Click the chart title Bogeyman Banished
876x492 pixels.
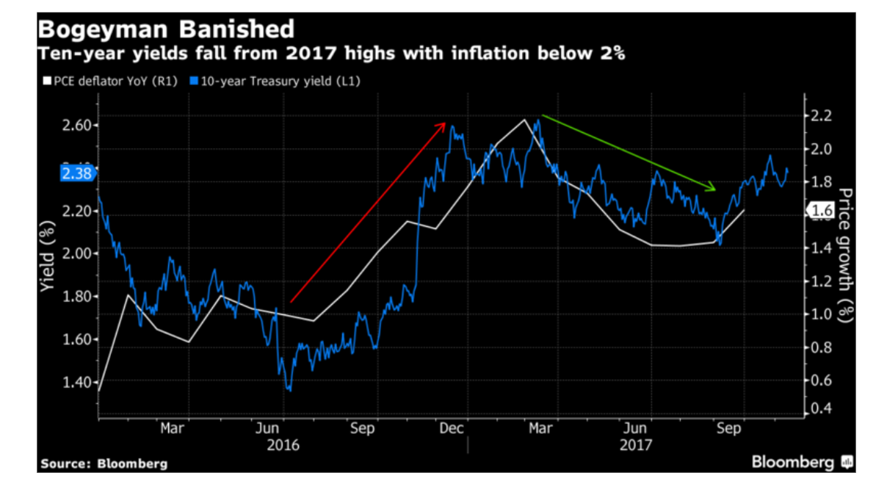166,29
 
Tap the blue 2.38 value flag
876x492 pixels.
76,174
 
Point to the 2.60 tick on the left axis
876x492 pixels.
76,125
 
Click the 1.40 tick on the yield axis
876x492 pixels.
76,382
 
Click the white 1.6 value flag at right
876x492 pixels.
822,211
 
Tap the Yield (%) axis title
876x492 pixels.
48,254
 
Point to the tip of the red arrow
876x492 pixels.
444,124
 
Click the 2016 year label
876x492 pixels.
282,445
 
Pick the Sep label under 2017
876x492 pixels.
728,428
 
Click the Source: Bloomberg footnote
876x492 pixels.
104,463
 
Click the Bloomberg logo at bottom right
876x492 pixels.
801,462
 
